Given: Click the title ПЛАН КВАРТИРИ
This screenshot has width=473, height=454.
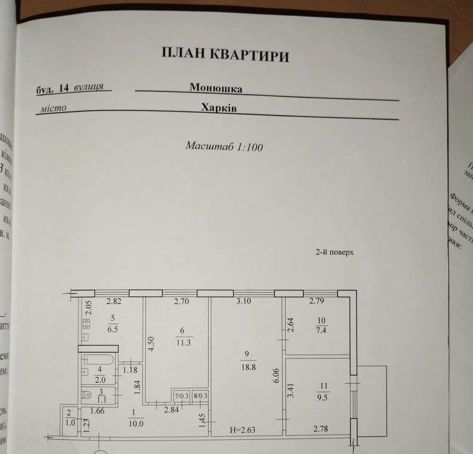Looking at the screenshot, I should tap(225, 55).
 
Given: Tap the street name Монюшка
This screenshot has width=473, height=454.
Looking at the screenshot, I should tap(216, 88).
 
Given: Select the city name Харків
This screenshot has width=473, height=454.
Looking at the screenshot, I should tap(219, 108).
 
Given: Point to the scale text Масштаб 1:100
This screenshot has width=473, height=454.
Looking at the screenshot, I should tap(224, 146).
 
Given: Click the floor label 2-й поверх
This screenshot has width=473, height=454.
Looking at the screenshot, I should tap(334, 252).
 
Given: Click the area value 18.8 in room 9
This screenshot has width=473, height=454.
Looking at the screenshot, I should tap(248, 367).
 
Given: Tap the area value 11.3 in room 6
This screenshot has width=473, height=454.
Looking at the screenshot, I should tap(183, 342).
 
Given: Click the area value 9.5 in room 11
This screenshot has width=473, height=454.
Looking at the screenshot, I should tap(322, 397).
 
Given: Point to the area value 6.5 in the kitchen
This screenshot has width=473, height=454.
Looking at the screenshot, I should tap(113, 327).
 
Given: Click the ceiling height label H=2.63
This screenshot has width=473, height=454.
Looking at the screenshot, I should tap(243, 430).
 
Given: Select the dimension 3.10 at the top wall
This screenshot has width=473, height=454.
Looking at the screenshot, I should tap(243, 301).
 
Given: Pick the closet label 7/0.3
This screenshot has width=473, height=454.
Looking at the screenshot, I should tap(181, 396).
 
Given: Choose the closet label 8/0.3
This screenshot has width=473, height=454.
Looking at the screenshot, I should tap(200, 396).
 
